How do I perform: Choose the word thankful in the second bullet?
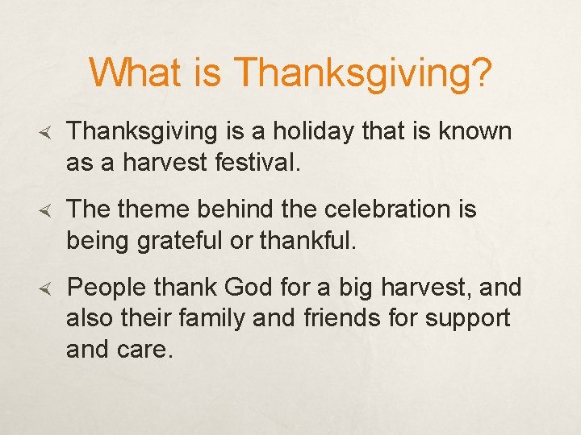click(306, 240)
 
